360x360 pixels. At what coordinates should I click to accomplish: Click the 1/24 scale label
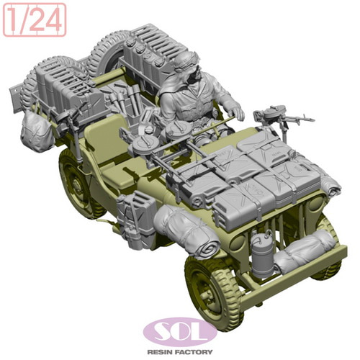tap(35, 19)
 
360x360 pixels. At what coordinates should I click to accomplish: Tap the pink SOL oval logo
tap(180, 332)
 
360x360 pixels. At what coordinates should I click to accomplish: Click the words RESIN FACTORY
tap(180, 352)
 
